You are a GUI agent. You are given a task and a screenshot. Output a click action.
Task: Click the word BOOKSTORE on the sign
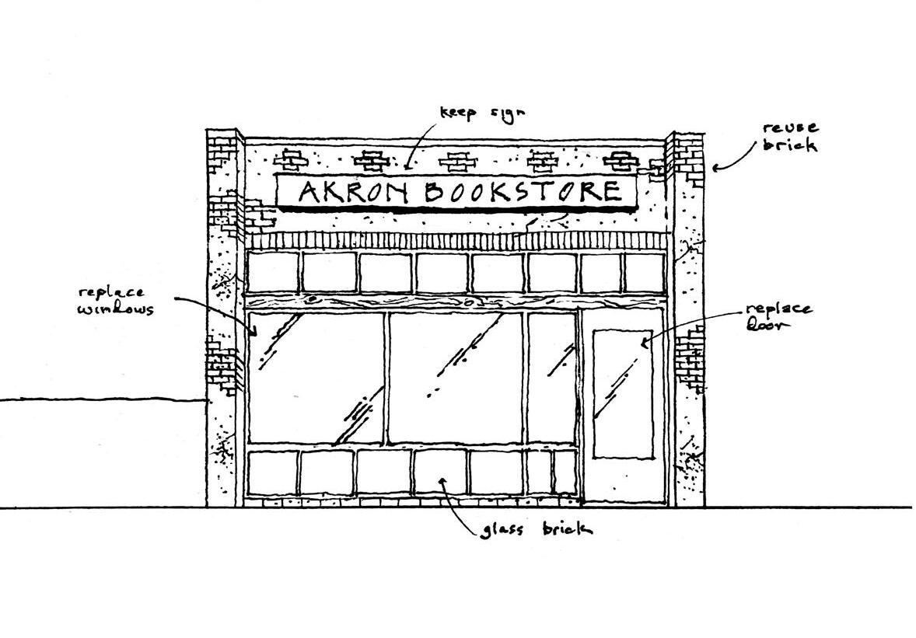[523, 191]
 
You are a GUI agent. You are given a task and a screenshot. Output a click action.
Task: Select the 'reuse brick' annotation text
[789, 135]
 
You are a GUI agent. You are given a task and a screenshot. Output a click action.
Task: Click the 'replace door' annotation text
[779, 316]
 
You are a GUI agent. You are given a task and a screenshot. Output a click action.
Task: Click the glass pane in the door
[623, 393]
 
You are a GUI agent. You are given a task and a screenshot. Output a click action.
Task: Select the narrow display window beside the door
[551, 378]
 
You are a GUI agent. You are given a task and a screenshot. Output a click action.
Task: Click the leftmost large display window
[316, 378]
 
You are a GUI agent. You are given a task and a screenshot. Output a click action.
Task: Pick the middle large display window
[455, 378]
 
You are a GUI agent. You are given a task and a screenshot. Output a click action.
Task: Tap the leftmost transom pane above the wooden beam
[273, 272]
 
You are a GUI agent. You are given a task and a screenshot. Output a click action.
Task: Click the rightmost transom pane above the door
[645, 273]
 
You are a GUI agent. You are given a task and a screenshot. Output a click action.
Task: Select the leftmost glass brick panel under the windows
[273, 472]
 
